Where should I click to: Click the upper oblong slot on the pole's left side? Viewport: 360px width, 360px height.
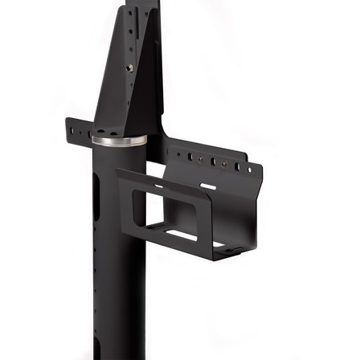click(x=96, y=193)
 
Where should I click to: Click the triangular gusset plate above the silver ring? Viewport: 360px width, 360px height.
click(x=121, y=88)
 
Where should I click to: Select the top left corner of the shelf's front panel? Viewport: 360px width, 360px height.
click(x=117, y=170)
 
